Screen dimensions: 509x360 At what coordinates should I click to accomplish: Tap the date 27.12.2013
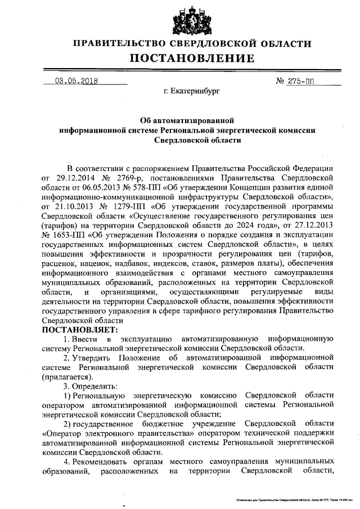coord(315,238)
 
